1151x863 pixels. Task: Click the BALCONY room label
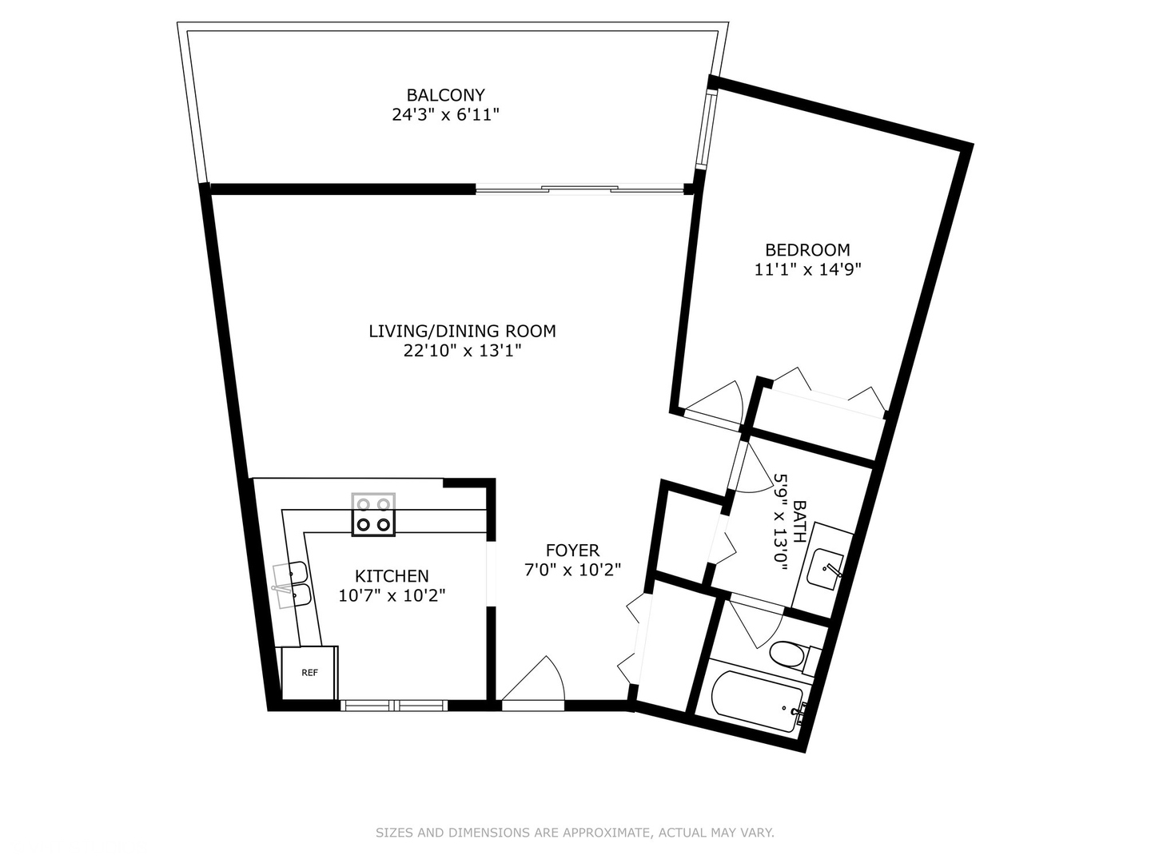pos(445,95)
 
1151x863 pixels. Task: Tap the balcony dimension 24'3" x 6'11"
pos(445,115)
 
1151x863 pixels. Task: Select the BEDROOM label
pos(807,249)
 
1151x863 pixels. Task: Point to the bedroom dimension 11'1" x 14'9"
pos(807,269)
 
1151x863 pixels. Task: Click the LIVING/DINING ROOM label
pos(462,331)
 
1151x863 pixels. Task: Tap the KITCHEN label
pos(392,575)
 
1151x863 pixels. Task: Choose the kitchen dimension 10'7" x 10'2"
pos(392,595)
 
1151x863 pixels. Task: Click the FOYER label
pos(572,550)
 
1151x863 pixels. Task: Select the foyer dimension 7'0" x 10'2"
pos(572,570)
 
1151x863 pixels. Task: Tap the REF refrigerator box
pos(309,673)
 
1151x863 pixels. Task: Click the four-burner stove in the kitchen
pos(374,515)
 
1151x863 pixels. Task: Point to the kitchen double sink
pos(293,584)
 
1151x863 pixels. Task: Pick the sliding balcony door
pos(580,189)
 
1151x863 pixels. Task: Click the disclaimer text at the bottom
pos(575,833)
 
